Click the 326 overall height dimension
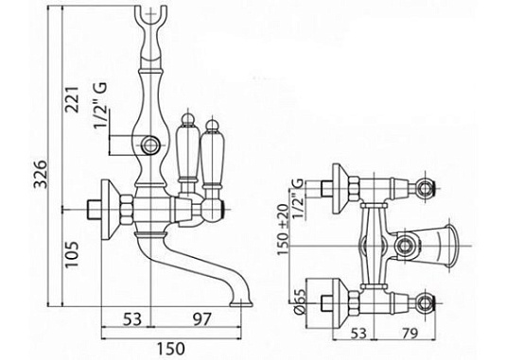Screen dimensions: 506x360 coord(42,174)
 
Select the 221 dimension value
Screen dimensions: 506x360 coord(72,99)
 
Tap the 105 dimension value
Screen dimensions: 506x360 coord(72,254)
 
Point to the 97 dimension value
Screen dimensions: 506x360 coord(201,319)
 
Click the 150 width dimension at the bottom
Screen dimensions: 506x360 coord(171,349)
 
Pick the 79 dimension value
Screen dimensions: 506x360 coord(409,334)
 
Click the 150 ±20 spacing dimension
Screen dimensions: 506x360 coord(283,230)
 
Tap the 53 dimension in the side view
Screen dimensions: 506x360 coord(132,319)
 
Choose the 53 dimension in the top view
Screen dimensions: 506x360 coord(358,334)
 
